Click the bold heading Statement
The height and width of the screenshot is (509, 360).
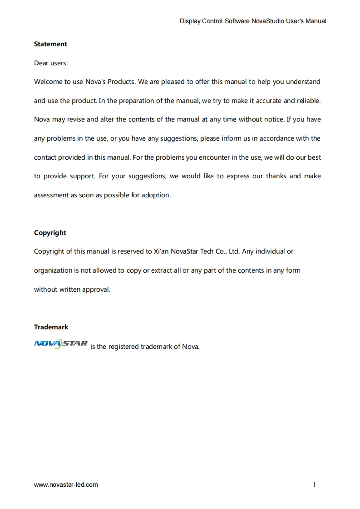(50, 44)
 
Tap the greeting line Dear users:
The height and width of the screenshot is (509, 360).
(51, 63)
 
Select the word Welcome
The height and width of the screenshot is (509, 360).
(48, 82)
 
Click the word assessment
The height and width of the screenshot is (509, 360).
(51, 195)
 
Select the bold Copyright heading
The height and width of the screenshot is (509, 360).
(50, 233)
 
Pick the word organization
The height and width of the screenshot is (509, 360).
(53, 270)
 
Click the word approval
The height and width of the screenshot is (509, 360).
(96, 289)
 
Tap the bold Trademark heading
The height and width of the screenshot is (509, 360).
(51, 327)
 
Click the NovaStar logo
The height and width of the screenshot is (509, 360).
(60, 344)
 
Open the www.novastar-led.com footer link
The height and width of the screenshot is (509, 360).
(66, 485)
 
